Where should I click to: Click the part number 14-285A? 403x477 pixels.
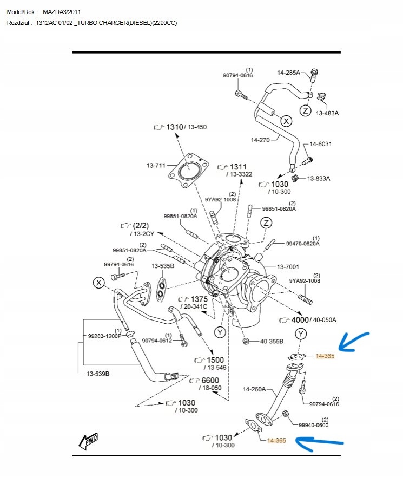pyautogui.click(x=288, y=72)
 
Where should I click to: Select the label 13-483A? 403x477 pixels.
pyautogui.click(x=327, y=113)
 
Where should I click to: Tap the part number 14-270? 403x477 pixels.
pyautogui.click(x=260, y=140)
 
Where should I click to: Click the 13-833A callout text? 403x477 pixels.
pyautogui.click(x=319, y=178)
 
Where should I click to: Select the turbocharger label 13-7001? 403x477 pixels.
pyautogui.click(x=288, y=266)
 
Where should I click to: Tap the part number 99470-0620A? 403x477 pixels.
pyautogui.click(x=302, y=244)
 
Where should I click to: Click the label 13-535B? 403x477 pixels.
pyautogui.click(x=163, y=266)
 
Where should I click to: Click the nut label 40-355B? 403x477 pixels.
pyautogui.click(x=272, y=342)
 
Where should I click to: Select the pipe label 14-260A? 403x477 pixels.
pyautogui.click(x=254, y=389)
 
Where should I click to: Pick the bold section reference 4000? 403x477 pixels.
pyautogui.click(x=300, y=319)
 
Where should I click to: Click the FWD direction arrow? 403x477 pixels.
pyautogui.click(x=88, y=441)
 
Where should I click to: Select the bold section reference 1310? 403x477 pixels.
pyautogui.click(x=174, y=126)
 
